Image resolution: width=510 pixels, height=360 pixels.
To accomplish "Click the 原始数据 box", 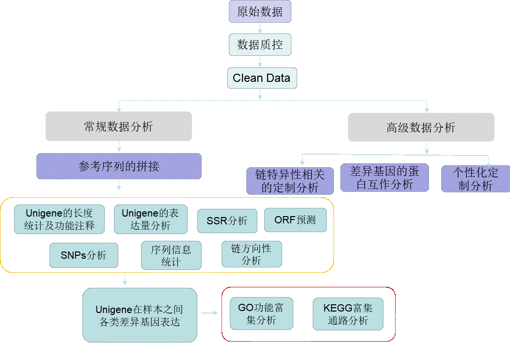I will [260, 12].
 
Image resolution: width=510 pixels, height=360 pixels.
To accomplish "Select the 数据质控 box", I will [260, 45].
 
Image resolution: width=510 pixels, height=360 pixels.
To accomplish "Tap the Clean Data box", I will [262, 78].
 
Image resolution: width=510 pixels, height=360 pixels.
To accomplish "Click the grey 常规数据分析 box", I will [119, 126].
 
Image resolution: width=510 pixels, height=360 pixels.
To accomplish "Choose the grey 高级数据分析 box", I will [421, 127].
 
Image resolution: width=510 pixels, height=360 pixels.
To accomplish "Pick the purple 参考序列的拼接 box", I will [119, 166].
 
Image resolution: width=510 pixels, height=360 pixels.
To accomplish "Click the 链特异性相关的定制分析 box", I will [290, 181].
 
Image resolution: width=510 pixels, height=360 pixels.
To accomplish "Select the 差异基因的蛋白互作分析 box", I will [384, 177].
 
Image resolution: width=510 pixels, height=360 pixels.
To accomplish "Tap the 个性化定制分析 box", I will [475, 179].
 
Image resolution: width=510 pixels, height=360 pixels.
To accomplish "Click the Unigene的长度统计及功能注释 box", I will [59, 219].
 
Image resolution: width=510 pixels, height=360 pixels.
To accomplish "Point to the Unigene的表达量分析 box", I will [150, 219].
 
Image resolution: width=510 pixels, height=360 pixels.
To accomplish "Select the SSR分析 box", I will [227, 221].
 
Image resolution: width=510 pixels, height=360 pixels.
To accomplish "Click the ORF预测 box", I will [295, 220].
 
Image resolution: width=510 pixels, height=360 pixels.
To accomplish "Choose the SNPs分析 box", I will [83, 255].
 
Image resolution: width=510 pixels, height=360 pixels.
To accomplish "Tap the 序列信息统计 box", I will [171, 255].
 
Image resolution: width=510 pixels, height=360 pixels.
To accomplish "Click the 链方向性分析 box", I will [251, 254].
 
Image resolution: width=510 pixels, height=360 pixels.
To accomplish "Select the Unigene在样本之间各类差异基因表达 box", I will [140, 315].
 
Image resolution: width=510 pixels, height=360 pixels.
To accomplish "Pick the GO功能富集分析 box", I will [261, 313].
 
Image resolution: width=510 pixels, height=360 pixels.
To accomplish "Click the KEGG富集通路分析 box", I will [348, 314].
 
